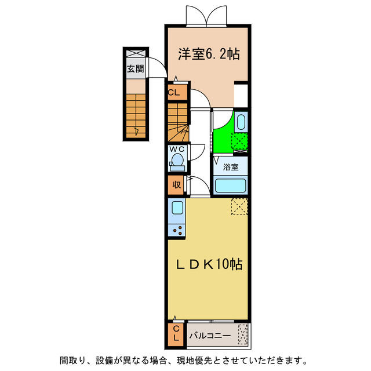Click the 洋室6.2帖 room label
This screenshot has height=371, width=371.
tap(209, 54)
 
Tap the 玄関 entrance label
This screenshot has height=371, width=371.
tap(136, 69)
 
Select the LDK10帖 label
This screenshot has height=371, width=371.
tap(209, 264)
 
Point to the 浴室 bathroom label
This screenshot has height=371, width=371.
tap(231, 168)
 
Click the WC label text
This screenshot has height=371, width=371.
tap(177, 149)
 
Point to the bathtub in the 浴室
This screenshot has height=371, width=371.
tap(231, 185)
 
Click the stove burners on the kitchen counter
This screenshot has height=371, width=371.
tap(177, 228)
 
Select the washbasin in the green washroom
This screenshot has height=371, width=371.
tap(242, 122)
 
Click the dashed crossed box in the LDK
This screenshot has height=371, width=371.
tap(239, 206)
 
